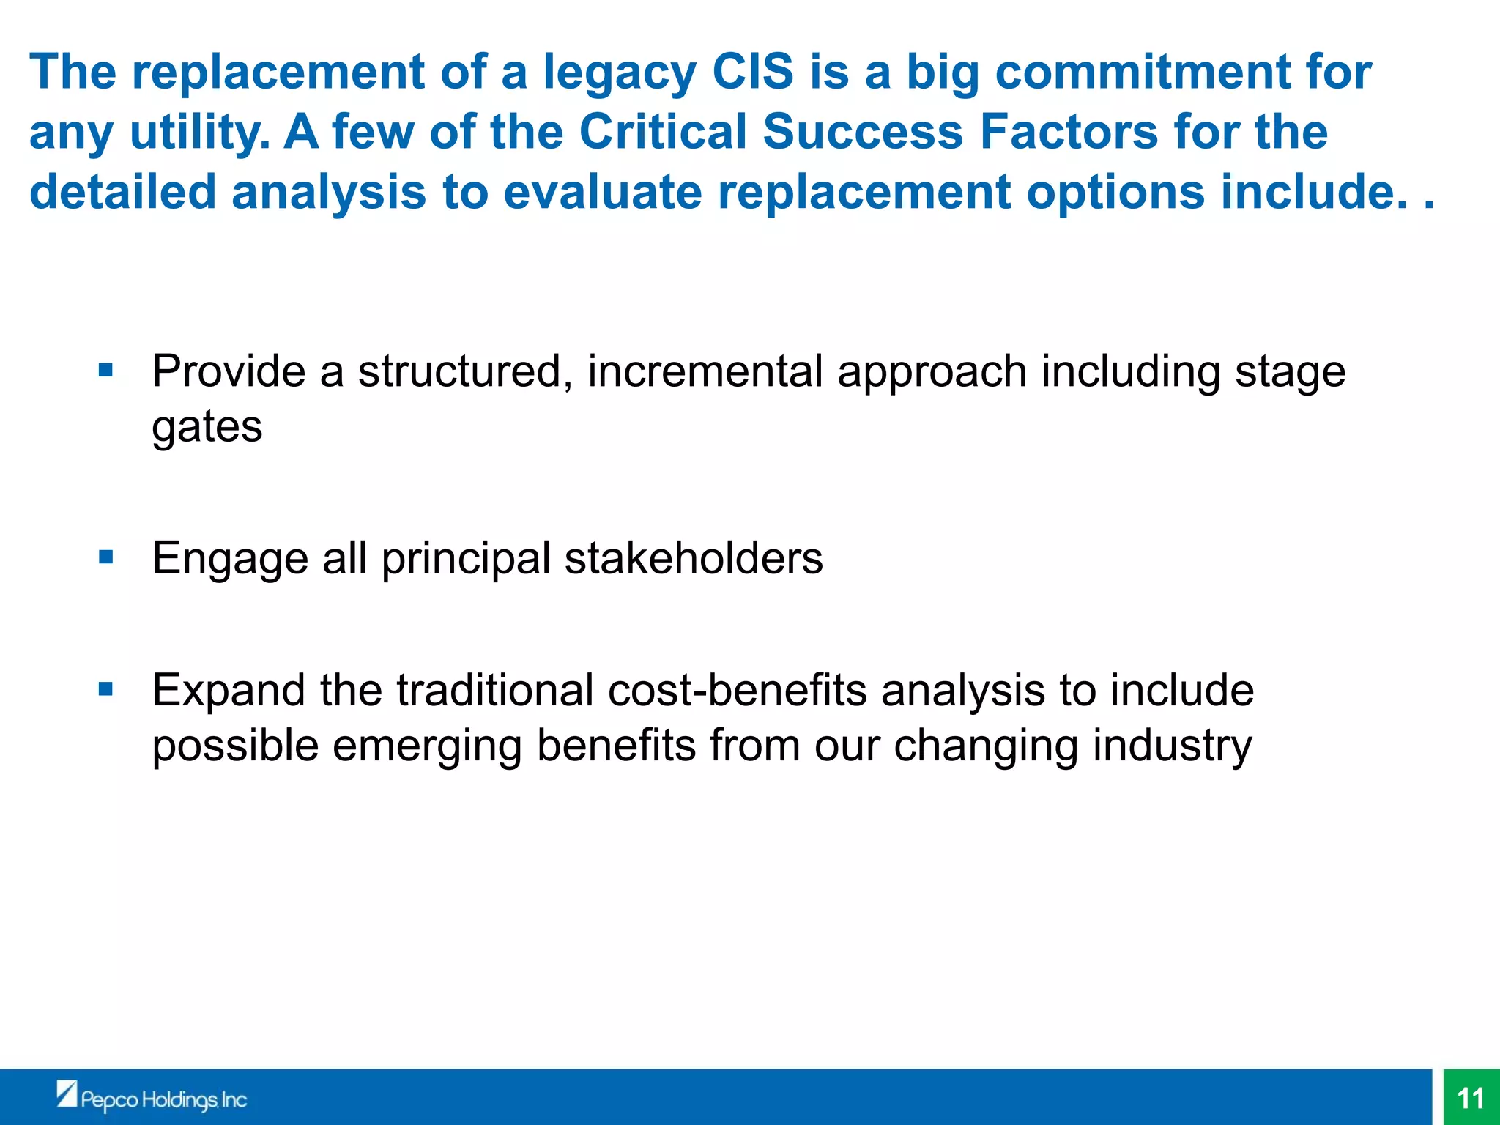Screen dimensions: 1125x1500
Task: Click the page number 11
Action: (x=1471, y=1098)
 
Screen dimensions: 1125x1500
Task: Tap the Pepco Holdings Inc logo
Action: (x=152, y=1098)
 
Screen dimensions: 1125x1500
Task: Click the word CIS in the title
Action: (x=753, y=73)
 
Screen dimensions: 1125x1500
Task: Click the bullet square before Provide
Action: (x=106, y=369)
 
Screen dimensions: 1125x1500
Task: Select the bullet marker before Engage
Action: (x=106, y=557)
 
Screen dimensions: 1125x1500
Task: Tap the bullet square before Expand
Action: (x=106, y=689)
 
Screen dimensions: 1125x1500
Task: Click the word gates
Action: (x=207, y=428)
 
